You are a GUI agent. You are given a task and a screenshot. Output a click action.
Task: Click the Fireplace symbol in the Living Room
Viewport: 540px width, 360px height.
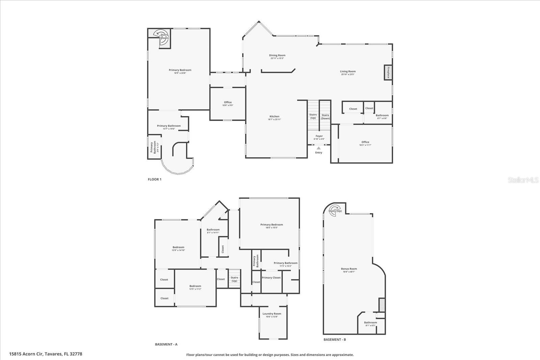388,73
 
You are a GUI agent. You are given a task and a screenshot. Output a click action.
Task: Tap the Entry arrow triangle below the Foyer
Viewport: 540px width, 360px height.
319,148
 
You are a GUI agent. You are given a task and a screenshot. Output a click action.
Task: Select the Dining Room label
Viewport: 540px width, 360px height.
277,56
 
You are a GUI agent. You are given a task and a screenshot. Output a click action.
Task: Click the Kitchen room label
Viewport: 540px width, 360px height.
274,117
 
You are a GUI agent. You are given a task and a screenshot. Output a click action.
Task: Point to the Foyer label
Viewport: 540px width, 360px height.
319,136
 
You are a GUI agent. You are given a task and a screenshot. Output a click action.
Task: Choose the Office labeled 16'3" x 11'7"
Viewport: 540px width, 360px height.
365,142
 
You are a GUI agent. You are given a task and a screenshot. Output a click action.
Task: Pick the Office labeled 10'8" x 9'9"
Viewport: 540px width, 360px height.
228,103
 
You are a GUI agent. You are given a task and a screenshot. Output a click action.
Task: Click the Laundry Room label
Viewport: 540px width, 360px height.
272,314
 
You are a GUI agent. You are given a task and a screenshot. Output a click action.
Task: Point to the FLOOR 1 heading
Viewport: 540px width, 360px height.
155,179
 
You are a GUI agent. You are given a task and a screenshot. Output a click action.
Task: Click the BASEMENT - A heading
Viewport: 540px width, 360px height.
166,344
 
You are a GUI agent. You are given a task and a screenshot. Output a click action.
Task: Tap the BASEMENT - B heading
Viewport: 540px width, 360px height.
334,339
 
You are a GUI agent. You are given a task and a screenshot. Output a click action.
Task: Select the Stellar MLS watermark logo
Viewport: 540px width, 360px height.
523,180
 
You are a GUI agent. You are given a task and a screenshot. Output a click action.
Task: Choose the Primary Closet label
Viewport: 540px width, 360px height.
271,278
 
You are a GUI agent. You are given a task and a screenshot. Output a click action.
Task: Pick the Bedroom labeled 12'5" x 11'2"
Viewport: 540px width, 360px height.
195,286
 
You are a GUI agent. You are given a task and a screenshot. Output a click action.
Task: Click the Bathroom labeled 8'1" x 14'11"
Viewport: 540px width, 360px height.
213,230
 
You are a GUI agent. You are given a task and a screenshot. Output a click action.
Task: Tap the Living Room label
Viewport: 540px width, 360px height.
348,72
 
